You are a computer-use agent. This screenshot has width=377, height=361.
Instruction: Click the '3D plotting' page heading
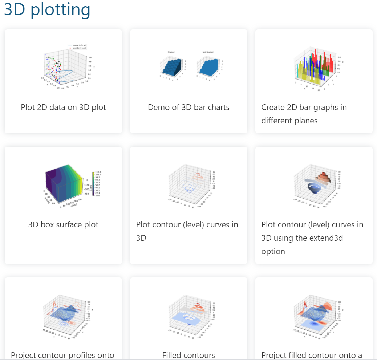(x=47, y=10)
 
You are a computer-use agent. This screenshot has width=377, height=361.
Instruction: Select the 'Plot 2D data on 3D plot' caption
(x=63, y=108)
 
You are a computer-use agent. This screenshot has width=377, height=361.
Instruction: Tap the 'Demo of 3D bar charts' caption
(x=188, y=108)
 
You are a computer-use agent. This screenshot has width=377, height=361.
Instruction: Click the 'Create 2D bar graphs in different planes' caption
(x=304, y=114)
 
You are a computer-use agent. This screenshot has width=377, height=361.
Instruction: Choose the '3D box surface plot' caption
(x=63, y=225)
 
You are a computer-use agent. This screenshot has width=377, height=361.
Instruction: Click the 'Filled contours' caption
(x=188, y=355)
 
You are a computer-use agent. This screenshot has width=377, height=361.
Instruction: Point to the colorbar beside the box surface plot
(x=93, y=183)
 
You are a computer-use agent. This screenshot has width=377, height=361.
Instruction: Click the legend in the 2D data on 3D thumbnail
(x=77, y=46)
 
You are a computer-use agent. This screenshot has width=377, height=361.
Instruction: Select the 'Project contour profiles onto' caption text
(x=62, y=355)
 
